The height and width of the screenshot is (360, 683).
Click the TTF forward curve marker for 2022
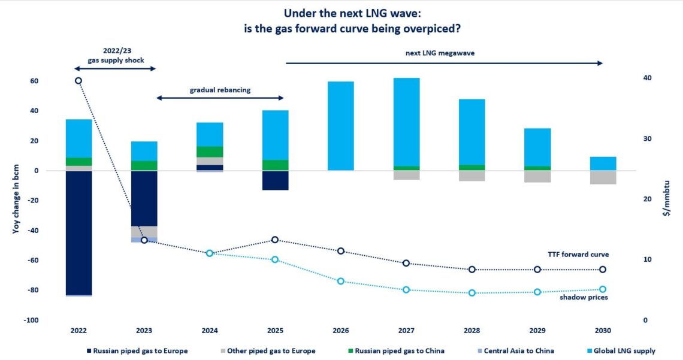click(x=78, y=80)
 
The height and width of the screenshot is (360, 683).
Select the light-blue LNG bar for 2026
click(x=340, y=126)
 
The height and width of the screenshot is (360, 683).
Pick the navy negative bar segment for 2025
click(x=275, y=180)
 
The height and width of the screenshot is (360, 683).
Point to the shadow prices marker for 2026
click(x=340, y=281)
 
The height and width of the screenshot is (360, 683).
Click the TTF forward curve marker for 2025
click(x=275, y=240)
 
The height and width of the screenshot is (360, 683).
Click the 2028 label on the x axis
click(x=472, y=330)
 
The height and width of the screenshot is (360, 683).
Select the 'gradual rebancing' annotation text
click(x=220, y=90)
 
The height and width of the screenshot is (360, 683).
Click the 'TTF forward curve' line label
click(x=579, y=255)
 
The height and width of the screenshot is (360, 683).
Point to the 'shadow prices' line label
click(x=584, y=297)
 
